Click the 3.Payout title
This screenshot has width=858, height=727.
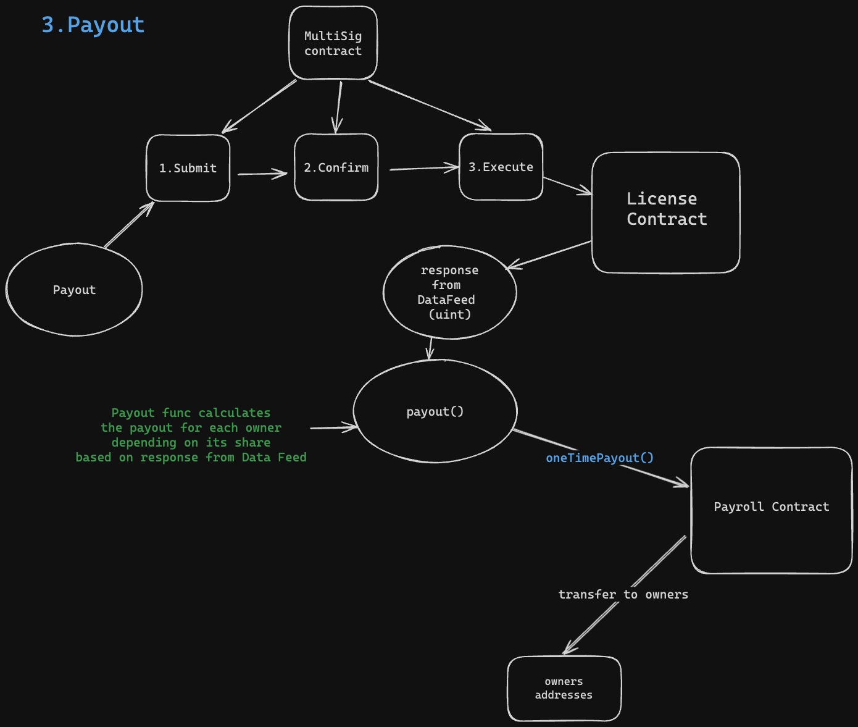coord(93,25)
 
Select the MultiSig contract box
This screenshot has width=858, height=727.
coord(333,43)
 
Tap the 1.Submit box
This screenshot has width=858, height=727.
coord(188,168)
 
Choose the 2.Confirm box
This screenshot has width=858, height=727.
coord(336,167)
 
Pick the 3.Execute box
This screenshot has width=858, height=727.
coord(501,167)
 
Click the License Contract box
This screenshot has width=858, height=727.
coord(665,212)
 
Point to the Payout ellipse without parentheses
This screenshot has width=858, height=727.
coord(74,290)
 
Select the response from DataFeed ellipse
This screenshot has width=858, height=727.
coord(449,292)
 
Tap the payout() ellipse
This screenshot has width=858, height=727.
coord(435,411)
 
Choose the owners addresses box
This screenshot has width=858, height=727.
coord(564,688)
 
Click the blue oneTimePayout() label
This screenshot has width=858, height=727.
coord(599,458)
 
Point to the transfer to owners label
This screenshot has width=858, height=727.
coord(623,594)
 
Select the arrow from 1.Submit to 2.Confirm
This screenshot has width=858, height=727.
coord(262,174)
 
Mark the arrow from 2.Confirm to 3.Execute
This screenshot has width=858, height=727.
coord(425,167)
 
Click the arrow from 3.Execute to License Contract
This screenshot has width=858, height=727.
coord(567,186)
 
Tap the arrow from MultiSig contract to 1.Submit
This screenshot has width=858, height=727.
coord(259,106)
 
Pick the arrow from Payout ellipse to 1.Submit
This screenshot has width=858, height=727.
coord(129,225)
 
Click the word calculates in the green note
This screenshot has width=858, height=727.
coord(234,413)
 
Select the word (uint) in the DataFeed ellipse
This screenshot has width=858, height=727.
coord(450,314)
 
